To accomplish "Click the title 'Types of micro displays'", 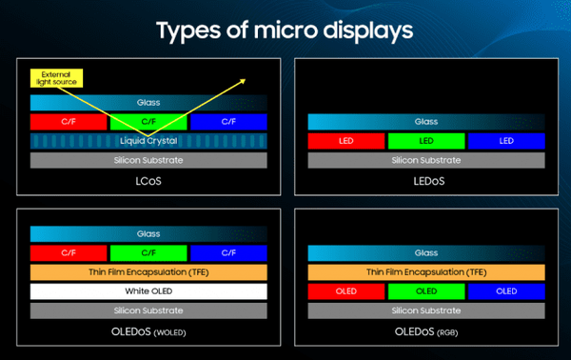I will point(285,30).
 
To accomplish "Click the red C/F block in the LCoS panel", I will point(69,122).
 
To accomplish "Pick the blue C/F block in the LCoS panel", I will point(226,122).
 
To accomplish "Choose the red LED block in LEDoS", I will point(345,141).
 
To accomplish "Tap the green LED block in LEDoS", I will point(425,141).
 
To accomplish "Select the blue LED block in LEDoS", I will point(505,141).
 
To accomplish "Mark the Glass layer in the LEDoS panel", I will point(425,122).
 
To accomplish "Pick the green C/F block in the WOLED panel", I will point(148,253).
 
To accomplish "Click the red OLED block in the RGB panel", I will point(345,291).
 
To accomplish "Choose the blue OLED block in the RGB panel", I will point(505,291).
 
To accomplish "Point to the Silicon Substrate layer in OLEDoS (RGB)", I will point(425,310).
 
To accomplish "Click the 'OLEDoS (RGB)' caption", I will point(425,330).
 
